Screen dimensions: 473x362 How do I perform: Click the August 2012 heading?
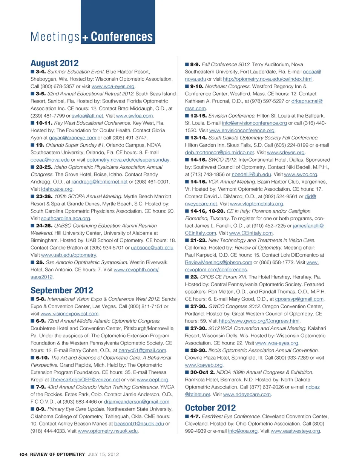[x=55, y=63]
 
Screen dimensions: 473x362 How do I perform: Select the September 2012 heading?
[x=62, y=291]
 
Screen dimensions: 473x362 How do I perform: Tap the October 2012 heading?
[x=210, y=408]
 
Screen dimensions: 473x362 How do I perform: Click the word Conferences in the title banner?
[x=122, y=37]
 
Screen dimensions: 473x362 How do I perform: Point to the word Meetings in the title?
[x=55, y=37]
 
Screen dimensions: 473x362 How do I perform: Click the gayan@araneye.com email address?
[x=72, y=138]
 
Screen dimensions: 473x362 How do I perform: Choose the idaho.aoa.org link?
[x=57, y=189]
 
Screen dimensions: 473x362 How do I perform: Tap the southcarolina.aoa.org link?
[x=66, y=219]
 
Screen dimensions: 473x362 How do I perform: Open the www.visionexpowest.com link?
[x=69, y=314]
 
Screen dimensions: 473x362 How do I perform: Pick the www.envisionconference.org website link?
[x=242, y=130]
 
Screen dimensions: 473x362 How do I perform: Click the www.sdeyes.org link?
[x=285, y=153]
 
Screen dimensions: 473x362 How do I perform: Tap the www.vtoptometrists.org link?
[x=256, y=204]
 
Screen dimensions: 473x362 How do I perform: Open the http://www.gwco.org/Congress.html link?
[x=259, y=321]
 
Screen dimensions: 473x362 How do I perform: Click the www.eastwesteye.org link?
[x=295, y=431]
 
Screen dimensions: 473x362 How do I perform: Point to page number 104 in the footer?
[x=23, y=455]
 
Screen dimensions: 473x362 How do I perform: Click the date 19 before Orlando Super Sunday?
[x=40, y=145]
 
